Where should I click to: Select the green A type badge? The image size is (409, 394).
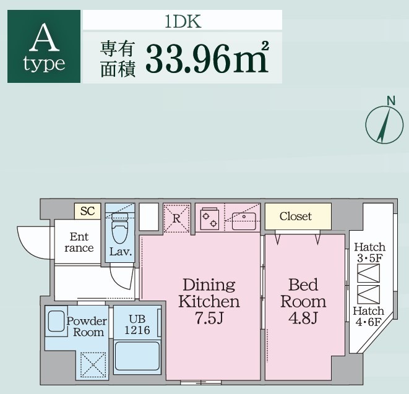click(x=43, y=47)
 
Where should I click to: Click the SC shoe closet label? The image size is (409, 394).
click(x=87, y=212)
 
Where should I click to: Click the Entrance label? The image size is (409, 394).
click(x=79, y=242)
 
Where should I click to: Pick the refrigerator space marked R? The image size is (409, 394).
click(x=176, y=218)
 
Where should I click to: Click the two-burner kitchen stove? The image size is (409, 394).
click(x=210, y=218)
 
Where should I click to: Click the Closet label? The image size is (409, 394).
click(x=295, y=216)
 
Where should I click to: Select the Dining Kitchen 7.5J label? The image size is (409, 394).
click(x=209, y=302)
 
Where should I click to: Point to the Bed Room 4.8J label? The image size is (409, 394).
click(x=303, y=302)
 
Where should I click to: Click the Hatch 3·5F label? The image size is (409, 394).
click(x=369, y=252)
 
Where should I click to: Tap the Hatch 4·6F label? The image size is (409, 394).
click(x=369, y=317)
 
